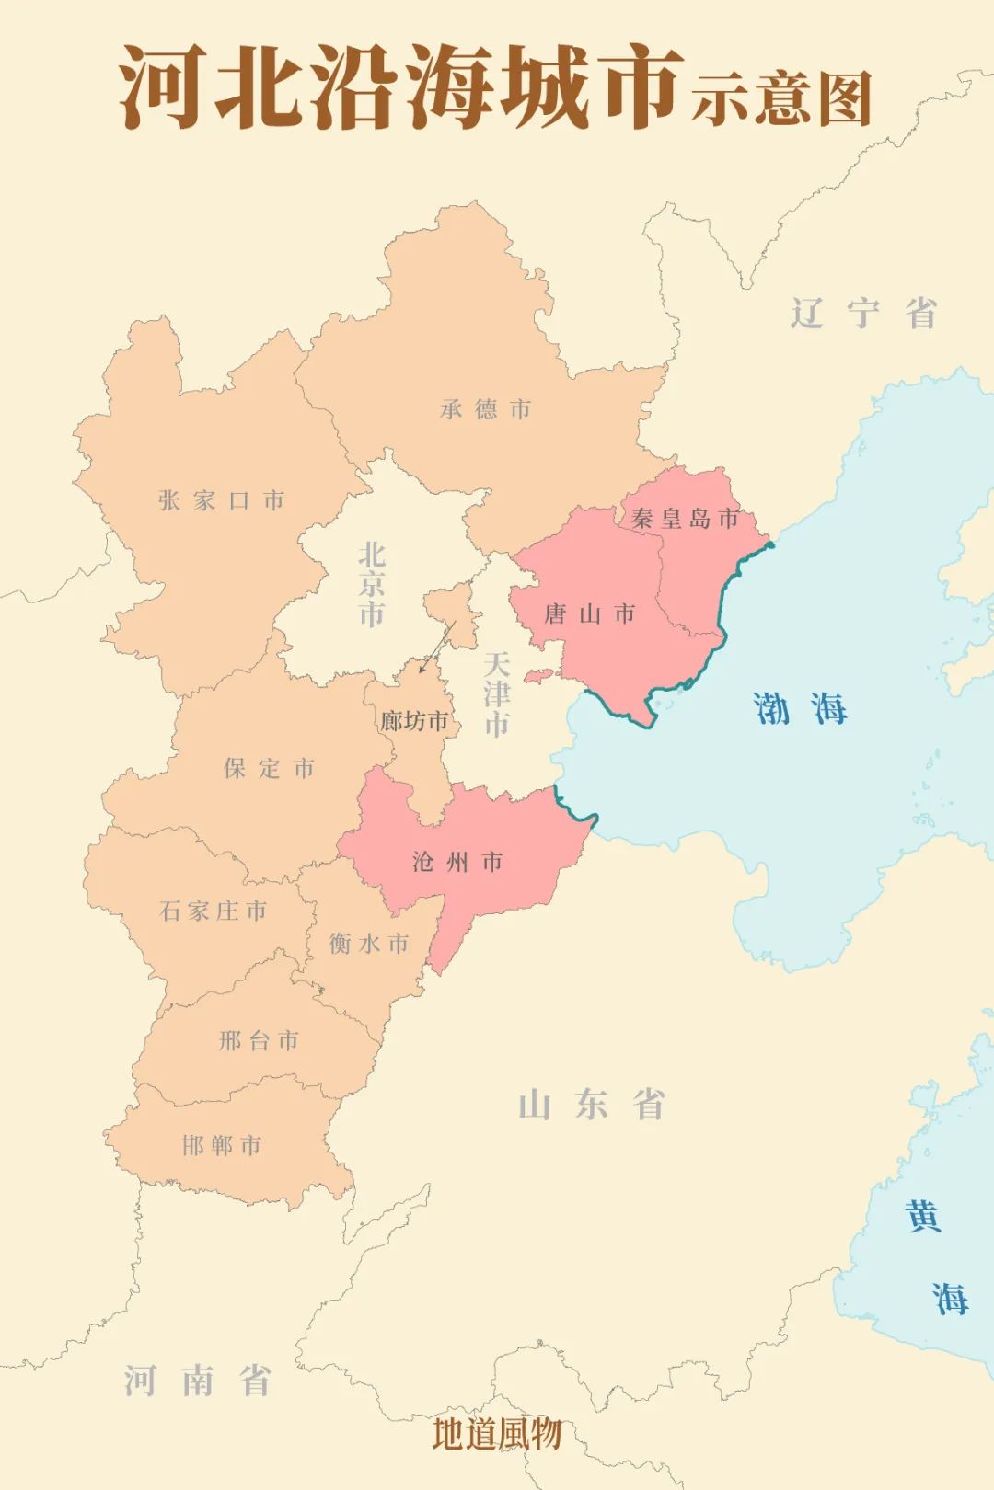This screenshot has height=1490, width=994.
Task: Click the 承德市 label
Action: (485, 409)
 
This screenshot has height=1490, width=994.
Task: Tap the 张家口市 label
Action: (221, 500)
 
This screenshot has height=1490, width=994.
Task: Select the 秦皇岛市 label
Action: (685, 519)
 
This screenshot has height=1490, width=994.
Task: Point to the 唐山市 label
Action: (589, 613)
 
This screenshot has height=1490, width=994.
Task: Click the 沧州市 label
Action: (457, 862)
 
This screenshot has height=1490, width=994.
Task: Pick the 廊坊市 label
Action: (414, 721)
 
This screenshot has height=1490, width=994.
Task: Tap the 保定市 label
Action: (269, 768)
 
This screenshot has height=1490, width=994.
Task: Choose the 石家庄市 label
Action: (214, 911)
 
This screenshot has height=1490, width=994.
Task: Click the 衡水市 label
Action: (369, 943)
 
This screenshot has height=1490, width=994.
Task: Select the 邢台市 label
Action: (259, 1040)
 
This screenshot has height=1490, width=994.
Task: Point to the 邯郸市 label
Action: (222, 1145)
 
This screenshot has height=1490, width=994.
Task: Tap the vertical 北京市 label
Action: (371, 584)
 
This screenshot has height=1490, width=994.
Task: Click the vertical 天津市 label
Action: (496, 694)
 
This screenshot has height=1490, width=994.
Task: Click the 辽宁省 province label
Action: (863, 314)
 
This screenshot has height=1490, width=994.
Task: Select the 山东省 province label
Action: (591, 1105)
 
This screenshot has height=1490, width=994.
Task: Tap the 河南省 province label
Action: (198, 1381)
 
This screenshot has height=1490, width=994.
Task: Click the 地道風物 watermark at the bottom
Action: (497, 1433)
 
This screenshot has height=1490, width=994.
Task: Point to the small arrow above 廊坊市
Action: (437, 648)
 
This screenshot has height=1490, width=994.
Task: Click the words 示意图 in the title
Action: (781, 98)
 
